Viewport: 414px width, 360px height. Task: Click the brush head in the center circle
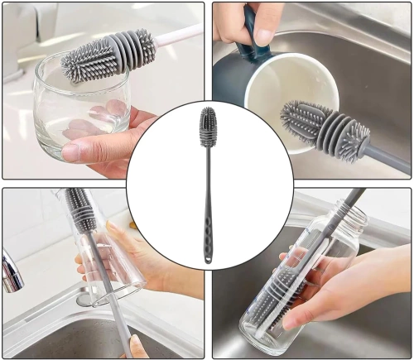click(206, 126)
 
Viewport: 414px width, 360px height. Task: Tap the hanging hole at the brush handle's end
click(206, 259)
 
